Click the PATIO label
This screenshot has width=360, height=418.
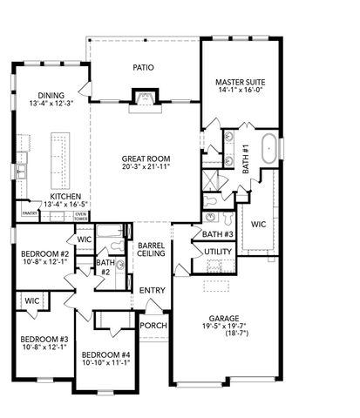coord(143,66)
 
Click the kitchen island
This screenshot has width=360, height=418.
coord(60,154)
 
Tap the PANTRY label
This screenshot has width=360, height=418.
coord(29,212)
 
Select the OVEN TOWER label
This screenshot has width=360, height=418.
coord(80,215)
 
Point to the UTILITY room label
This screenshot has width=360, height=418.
coord(217,252)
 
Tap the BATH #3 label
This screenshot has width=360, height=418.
coord(217,233)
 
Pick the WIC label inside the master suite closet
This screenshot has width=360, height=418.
coord(258,224)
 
